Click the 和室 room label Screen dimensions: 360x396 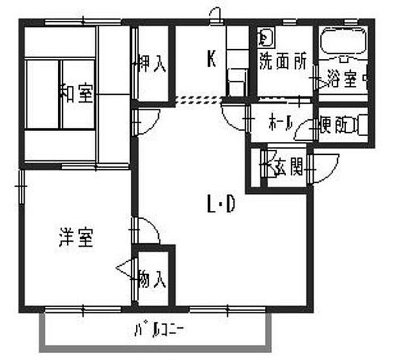pos(78,94)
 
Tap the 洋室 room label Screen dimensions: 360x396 pos(76,238)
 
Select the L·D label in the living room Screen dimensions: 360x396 pos(221,205)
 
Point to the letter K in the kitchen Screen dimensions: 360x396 pos(212,59)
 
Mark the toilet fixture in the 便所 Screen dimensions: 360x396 pos(360,125)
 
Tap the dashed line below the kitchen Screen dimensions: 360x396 pos(198,101)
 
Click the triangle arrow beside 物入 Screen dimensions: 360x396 pos(126,268)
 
